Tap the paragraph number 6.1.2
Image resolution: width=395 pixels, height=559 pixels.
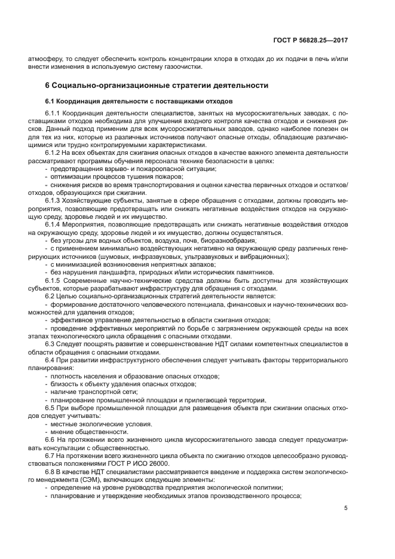(54, 153)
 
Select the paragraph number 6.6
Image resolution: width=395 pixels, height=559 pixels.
(50, 439)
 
